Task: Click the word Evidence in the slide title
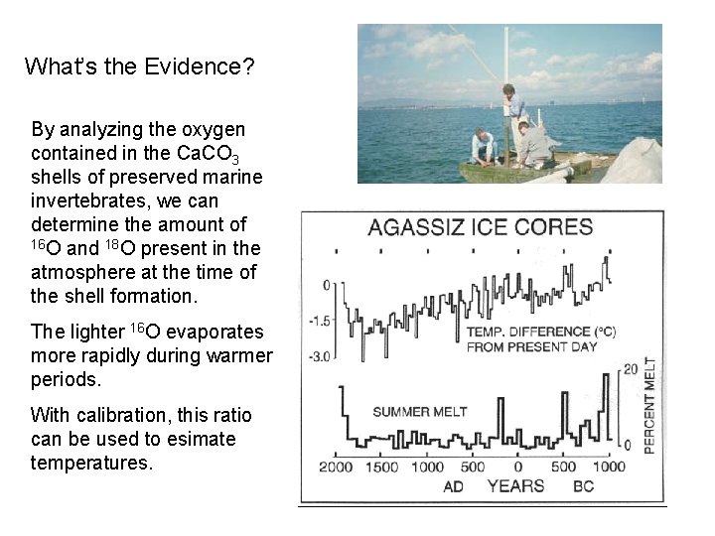(210, 67)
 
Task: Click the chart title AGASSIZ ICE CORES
(481, 226)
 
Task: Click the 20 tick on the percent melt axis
(629, 369)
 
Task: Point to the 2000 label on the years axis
(338, 467)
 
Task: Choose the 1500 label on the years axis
(382, 467)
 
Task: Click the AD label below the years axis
(453, 486)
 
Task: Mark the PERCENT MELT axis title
(650, 406)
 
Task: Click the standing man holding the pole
(512, 114)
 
